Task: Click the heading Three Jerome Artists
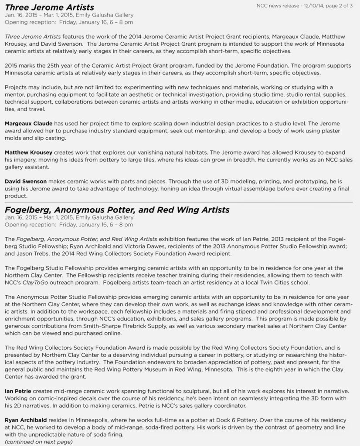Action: coord(49,7)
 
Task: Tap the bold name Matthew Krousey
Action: coord(28,152)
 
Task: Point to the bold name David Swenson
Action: coord(25,180)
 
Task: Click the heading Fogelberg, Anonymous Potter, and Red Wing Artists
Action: coord(117,210)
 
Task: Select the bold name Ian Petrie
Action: coord(18,391)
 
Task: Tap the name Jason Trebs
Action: coord(34,253)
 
